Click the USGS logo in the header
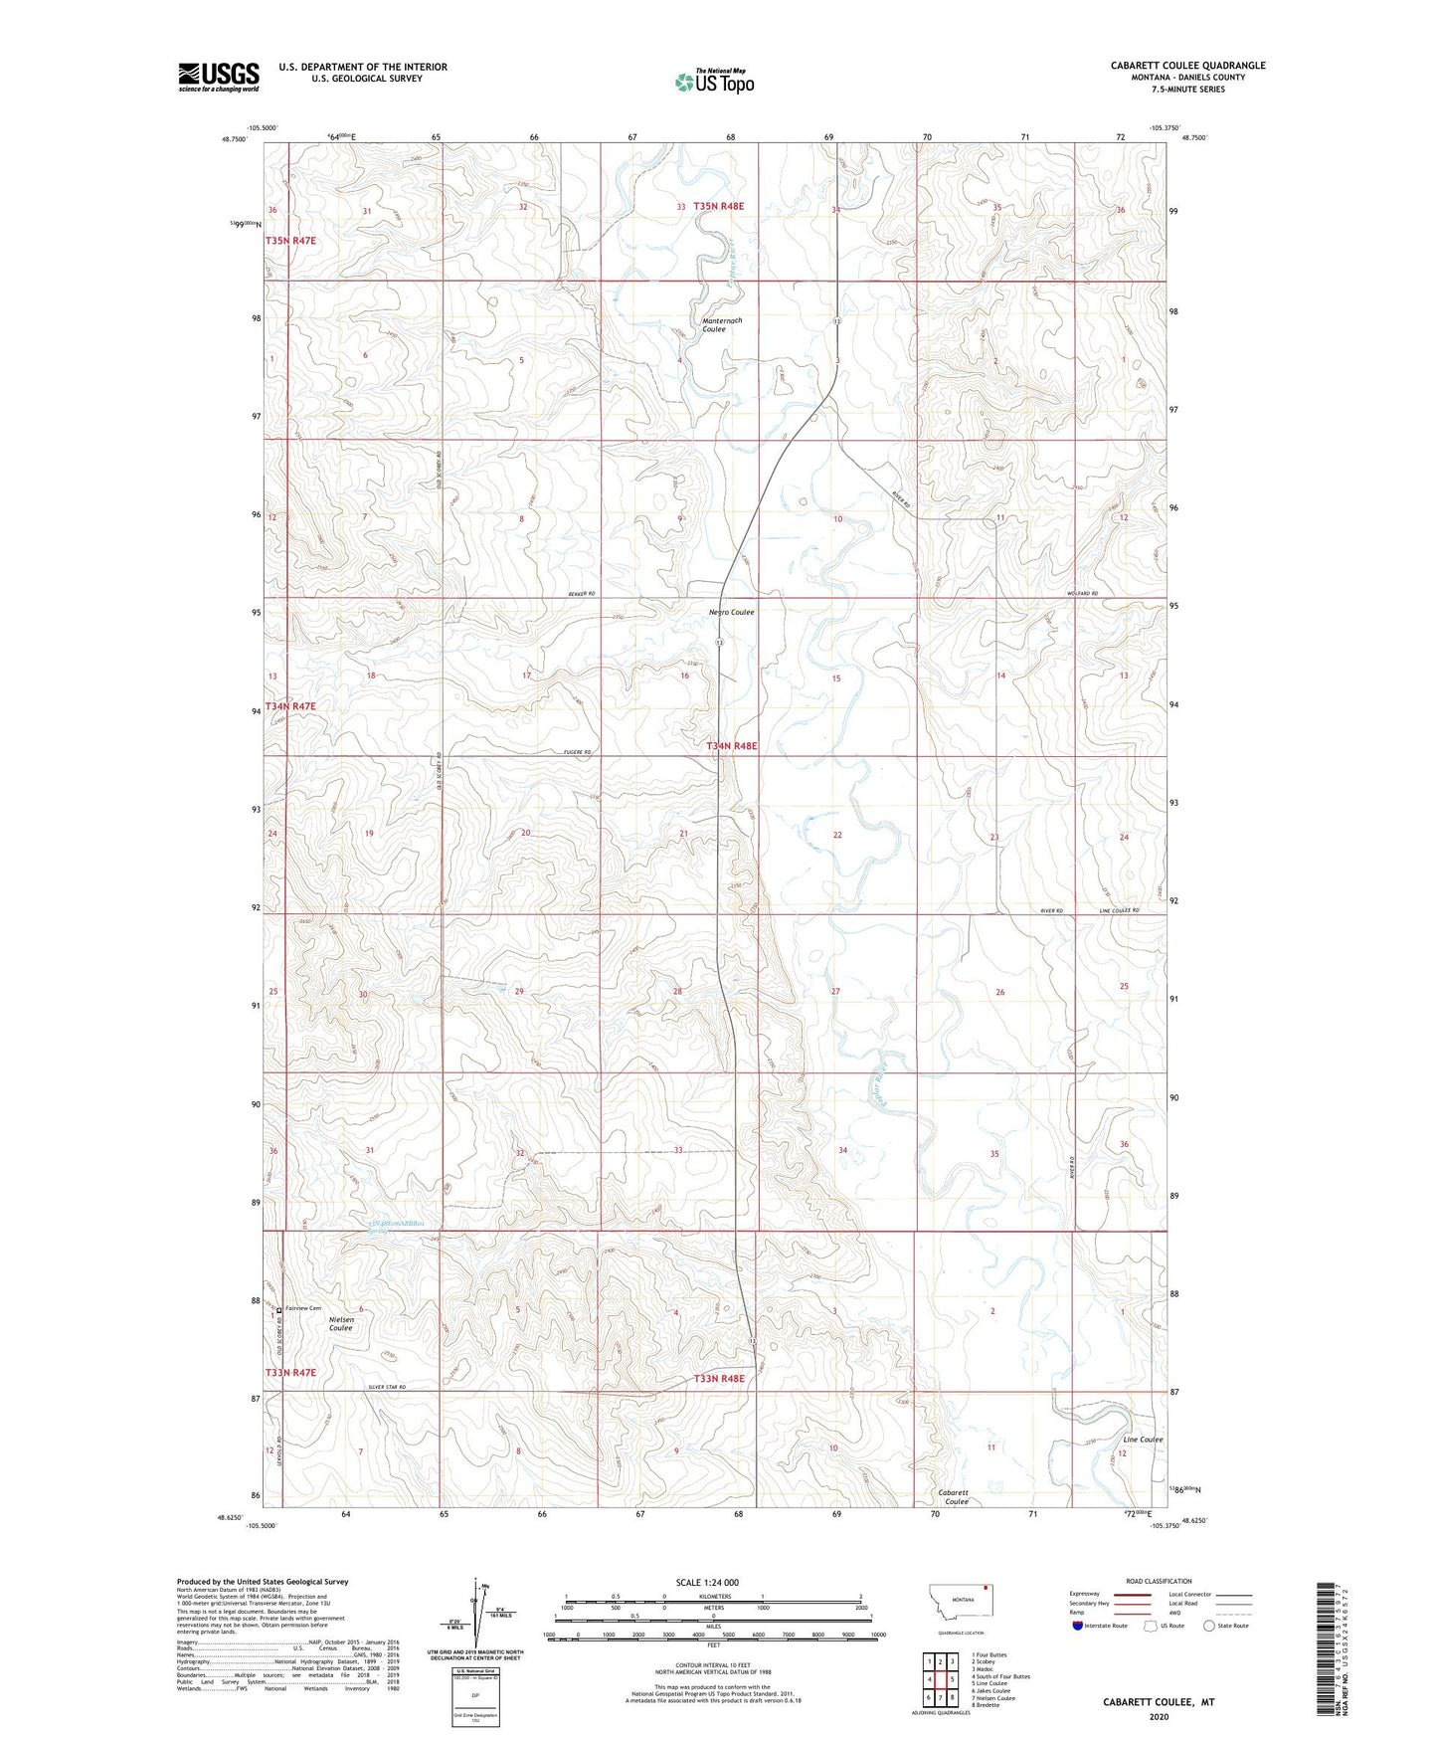pyautogui.click(x=219, y=77)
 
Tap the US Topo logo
pyautogui.click(x=714, y=82)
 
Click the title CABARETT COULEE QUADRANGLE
pyautogui.click(x=1187, y=66)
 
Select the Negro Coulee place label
pyautogui.click(x=731, y=613)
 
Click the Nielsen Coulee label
pyautogui.click(x=341, y=1322)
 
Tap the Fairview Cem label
pyautogui.click(x=303, y=1308)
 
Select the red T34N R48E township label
pyautogui.click(x=732, y=746)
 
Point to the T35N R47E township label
pyautogui.click(x=290, y=242)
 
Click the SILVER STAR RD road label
pyautogui.click(x=387, y=1387)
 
